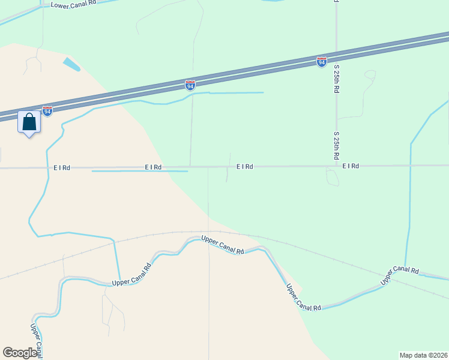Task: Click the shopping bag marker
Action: [x=29, y=122]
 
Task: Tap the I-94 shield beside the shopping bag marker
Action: [x=47, y=111]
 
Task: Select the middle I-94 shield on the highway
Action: [x=190, y=85]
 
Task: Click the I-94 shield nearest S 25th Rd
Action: [x=322, y=62]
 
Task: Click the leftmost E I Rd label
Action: [x=62, y=167]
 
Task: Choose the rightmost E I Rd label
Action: [x=351, y=166]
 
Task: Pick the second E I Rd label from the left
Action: [x=153, y=167]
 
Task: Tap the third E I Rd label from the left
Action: [x=244, y=166]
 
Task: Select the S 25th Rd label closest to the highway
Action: [x=337, y=79]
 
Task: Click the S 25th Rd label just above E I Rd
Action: [x=337, y=146]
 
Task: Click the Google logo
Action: [x=20, y=353]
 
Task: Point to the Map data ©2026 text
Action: [x=423, y=355]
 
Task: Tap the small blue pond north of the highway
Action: [x=71, y=64]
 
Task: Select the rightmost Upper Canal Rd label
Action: [x=399, y=274]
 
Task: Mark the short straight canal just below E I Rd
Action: [x=139, y=171]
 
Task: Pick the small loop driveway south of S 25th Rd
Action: [x=332, y=178]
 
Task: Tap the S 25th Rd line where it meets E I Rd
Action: [x=337, y=165]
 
